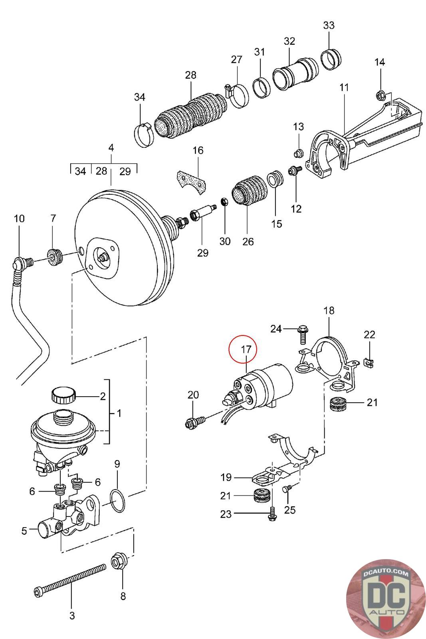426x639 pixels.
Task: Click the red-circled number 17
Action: (246, 349)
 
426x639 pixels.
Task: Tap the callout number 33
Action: (329, 26)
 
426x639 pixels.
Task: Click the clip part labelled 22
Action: (371, 361)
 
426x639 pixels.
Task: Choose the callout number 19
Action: (226, 477)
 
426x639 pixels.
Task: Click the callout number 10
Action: (19, 218)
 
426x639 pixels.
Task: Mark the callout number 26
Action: (248, 242)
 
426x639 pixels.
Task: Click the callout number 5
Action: (24, 531)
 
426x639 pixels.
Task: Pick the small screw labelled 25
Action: (287, 488)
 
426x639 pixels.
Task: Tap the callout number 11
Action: (344, 87)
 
